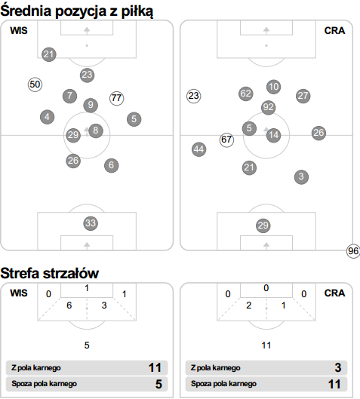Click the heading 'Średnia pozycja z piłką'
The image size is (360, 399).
click(77, 11)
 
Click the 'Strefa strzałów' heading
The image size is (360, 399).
click(50, 274)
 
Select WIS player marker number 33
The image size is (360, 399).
click(91, 223)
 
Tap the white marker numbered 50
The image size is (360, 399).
click(35, 84)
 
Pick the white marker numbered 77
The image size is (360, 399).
click(117, 98)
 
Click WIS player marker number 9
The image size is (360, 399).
click(91, 105)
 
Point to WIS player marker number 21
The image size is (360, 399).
click(49, 54)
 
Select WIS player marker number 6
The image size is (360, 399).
click(111, 165)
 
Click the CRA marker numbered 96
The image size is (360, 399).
click(353, 251)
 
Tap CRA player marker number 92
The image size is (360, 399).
click(269, 107)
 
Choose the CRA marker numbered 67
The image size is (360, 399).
click(226, 140)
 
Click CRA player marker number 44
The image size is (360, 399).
click(198, 149)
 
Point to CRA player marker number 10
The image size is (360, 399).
click(274, 87)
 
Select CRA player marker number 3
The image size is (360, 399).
click(301, 176)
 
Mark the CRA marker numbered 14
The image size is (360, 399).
click(274, 135)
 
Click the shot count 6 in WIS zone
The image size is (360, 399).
click(69, 305)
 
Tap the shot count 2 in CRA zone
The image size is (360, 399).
click(249, 305)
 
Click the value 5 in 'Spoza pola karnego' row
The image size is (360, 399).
click(158, 384)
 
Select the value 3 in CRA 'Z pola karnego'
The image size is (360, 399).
click(338, 368)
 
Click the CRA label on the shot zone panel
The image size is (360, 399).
click(334, 293)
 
